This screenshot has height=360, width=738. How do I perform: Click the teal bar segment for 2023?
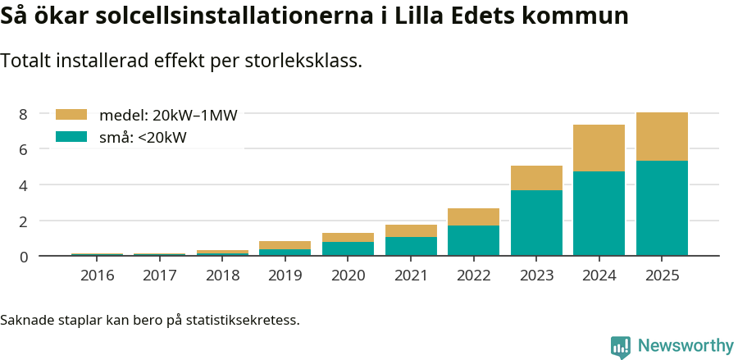coord(536,222)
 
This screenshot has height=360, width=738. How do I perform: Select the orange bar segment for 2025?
coord(662,136)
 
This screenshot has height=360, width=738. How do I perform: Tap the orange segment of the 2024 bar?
coord(599,148)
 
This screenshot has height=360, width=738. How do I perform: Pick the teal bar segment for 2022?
coord(473,240)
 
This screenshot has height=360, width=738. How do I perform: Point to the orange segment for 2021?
coord(411,230)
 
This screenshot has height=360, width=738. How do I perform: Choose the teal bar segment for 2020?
coord(348,248)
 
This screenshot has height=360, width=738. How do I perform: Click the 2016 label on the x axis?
coord(97,276)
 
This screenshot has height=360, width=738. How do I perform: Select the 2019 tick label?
coord(285,276)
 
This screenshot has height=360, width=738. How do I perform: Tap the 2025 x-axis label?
coord(662,276)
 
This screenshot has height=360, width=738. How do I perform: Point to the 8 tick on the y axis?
coord(24,114)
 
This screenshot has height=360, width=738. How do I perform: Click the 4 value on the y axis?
coord(24,185)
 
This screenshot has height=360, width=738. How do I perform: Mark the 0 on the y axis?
coord(24,257)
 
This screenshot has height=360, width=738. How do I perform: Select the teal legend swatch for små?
coord(71,137)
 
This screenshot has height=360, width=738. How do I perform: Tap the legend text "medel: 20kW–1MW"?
coord(168,116)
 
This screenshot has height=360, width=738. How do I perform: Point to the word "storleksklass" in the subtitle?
coord(307,61)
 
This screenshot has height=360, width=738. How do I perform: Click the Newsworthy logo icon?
coord(621,346)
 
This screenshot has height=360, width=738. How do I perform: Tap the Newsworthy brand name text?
coord(686,346)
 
